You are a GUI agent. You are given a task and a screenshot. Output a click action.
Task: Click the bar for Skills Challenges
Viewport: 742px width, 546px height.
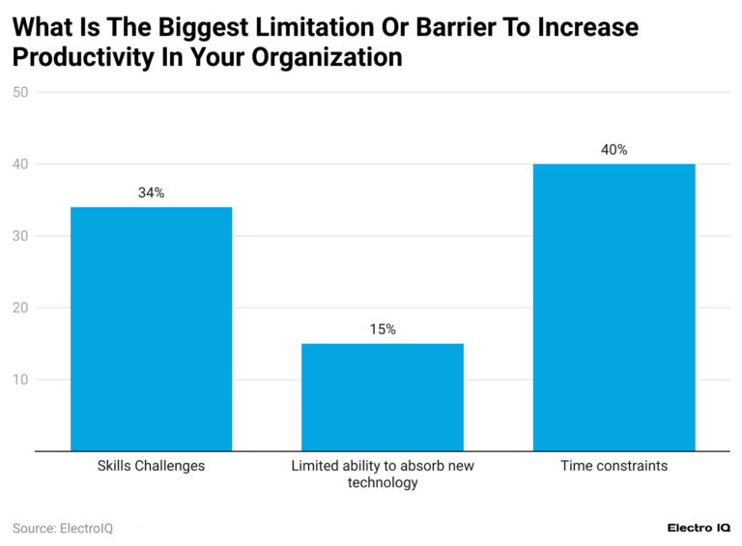pos(151,329)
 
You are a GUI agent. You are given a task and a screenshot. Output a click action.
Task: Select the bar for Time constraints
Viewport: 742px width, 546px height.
pos(614,307)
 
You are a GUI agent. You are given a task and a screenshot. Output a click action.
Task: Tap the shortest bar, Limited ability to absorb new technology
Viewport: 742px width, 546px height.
pos(383,397)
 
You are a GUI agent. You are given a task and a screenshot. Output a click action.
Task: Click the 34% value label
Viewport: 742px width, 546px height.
pos(151,193)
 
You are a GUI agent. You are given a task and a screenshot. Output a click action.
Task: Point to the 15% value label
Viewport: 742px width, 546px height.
pos(383,330)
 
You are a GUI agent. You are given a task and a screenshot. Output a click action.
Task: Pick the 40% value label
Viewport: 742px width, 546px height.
pos(614,150)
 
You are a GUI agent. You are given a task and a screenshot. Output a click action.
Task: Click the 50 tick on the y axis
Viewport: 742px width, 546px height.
pos(20,93)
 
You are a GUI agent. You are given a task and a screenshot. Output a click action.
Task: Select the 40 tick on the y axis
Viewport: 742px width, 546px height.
pos(20,164)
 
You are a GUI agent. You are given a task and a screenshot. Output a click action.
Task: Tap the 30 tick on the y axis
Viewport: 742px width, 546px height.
pos(20,236)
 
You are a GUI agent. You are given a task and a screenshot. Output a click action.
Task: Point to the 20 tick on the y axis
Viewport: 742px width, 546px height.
pos(20,307)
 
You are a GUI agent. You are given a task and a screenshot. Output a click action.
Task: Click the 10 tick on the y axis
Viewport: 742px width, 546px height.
pos(20,379)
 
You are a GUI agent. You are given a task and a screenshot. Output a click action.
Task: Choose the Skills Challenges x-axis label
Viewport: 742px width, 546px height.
pos(151,466)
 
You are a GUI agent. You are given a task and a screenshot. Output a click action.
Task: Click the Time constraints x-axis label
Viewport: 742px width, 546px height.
pos(614,466)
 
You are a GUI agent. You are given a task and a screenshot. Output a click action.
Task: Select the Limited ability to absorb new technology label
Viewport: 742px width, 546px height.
pos(383,474)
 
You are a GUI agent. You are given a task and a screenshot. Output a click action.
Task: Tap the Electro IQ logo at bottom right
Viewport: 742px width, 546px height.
pos(699,529)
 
